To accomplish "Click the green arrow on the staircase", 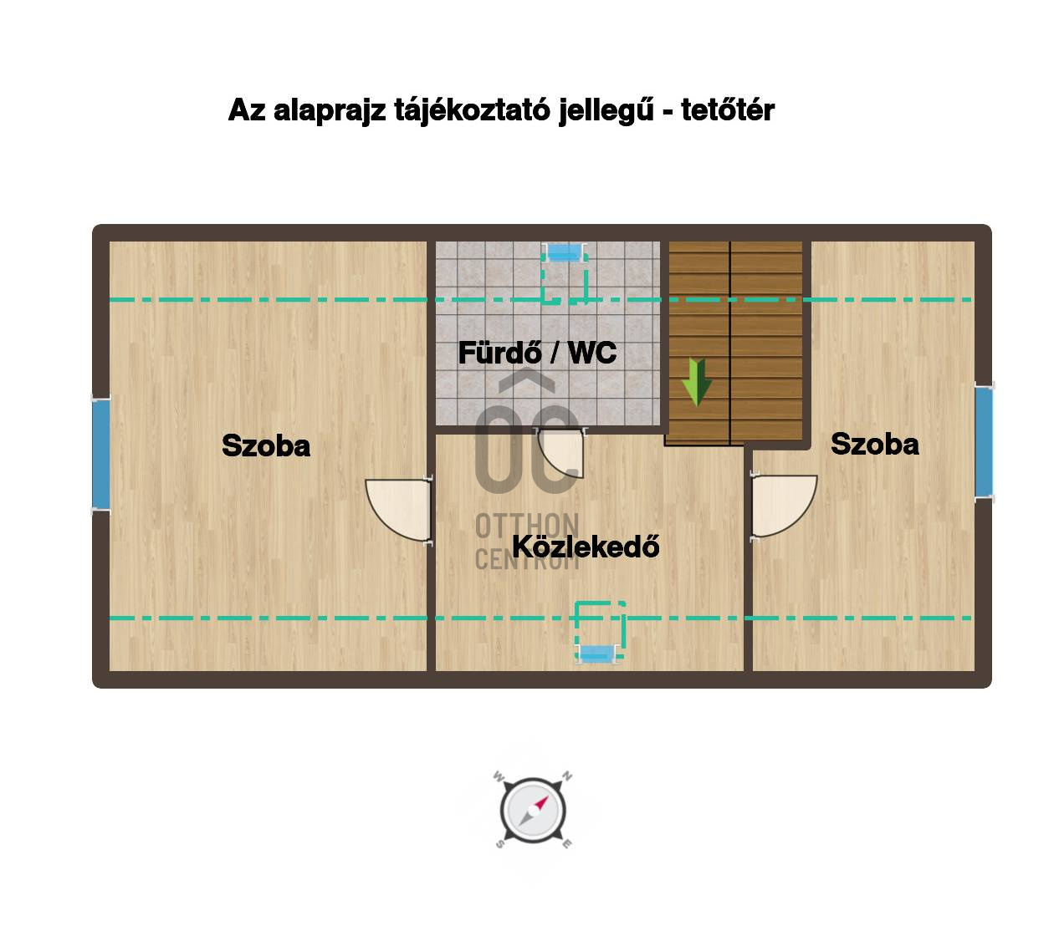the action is click(697, 381).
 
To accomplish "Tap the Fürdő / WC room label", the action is click(537, 353).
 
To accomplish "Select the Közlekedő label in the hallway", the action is click(586, 547).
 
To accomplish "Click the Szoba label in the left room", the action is click(266, 445).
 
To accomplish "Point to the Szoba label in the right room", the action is click(874, 444).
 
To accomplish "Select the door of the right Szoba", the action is click(784, 506).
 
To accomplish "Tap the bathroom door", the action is click(560, 451).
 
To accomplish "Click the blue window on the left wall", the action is click(101, 455).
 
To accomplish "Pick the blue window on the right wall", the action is click(984, 442).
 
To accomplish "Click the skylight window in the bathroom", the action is click(565, 252).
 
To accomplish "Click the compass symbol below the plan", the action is click(533, 810).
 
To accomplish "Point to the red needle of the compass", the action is click(541, 803).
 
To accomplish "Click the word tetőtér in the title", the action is click(727, 109).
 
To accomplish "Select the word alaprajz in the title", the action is click(330, 111).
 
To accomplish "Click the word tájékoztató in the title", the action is click(472, 111).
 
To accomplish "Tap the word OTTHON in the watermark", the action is click(526, 526).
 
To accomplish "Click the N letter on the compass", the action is click(567, 776).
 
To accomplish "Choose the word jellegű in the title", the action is click(606, 111).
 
